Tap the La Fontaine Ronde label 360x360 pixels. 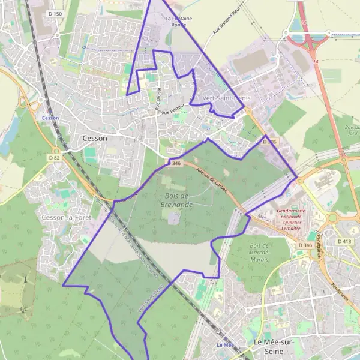(179, 22)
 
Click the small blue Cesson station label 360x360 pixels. (50, 118)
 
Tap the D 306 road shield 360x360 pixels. (269, 142)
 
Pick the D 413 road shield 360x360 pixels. (344, 241)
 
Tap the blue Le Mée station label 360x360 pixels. (224, 345)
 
